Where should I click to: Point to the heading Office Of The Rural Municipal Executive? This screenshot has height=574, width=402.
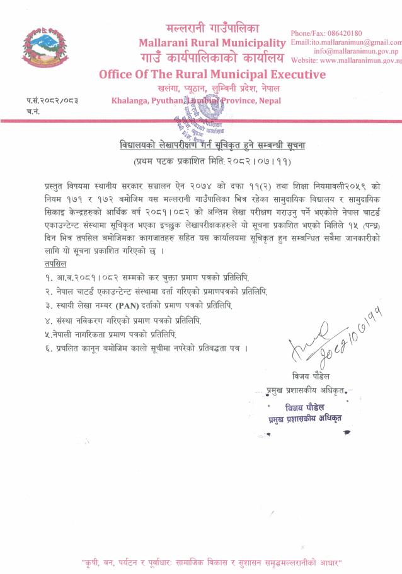(x=212, y=74)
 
